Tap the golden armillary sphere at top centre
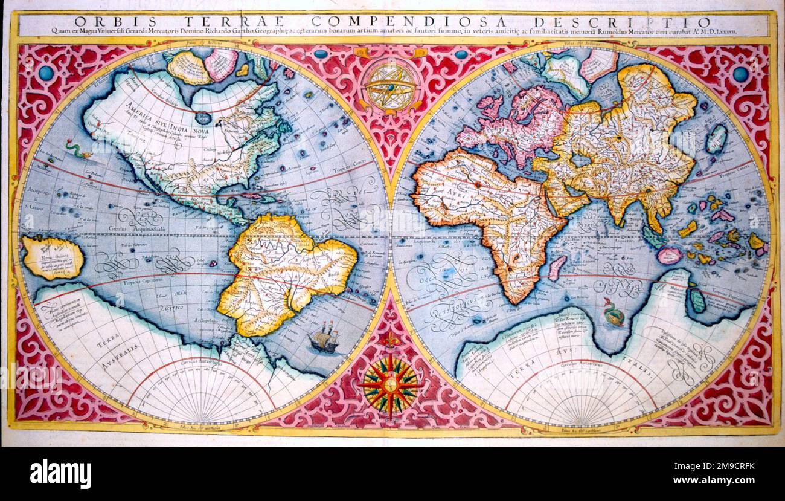[391, 85]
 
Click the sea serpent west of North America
[77, 149]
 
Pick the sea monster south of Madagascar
[614, 313]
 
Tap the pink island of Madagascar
[557, 267]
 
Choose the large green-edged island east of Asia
[716, 138]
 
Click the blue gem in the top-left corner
[46, 74]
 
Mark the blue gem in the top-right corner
[740, 74]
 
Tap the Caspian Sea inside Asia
[581, 160]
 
